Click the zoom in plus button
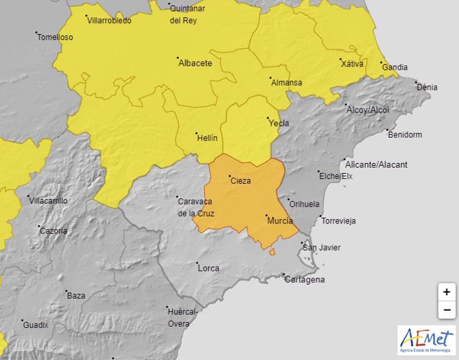tap(446, 292)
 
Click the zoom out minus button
tap(446, 309)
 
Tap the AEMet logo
tap(426, 340)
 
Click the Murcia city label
tap(280, 220)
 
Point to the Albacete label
tap(196, 63)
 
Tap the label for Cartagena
tap(305, 279)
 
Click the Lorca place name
tap(209, 268)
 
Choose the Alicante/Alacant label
tap(377, 164)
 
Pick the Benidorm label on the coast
tap(404, 134)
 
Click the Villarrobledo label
tap(109, 21)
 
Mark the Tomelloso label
tap(55, 37)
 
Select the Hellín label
tap(207, 138)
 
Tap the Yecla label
tap(278, 124)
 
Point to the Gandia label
tap(394, 67)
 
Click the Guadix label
tap(35, 325)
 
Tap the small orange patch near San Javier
tap(272, 252)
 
